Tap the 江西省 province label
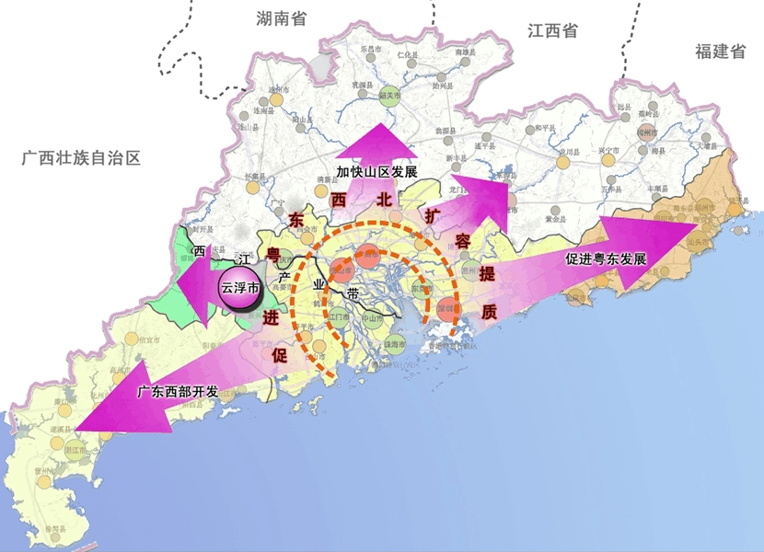(552, 30)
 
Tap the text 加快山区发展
(376, 172)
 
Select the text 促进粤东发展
(606, 259)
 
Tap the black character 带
(353, 296)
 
